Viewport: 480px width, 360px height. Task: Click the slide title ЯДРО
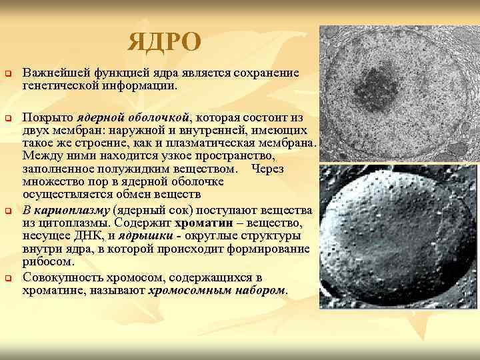click(164, 42)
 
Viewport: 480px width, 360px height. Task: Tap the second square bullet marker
click(8, 118)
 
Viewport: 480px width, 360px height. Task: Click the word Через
click(268, 169)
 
